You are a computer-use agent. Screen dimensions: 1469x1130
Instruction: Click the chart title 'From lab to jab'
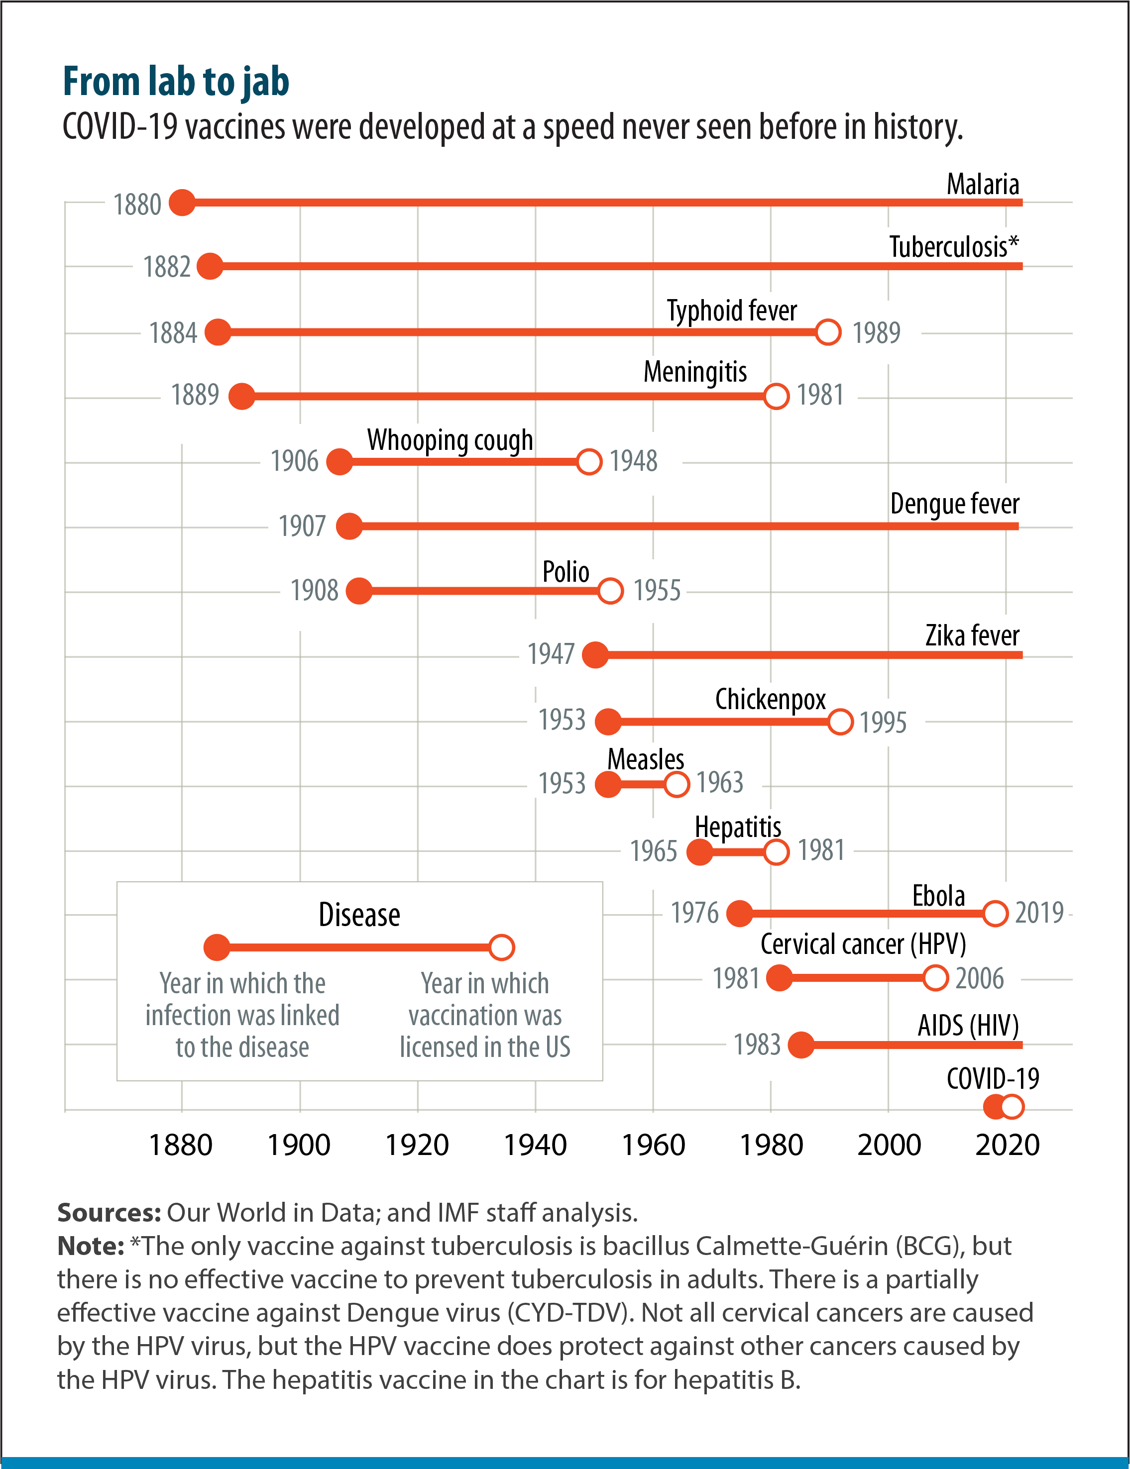(x=176, y=82)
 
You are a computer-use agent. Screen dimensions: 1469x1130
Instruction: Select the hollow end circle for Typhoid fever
(x=828, y=332)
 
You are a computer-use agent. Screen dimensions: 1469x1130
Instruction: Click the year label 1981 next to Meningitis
(x=820, y=395)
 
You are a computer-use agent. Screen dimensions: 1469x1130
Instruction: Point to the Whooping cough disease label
(x=450, y=440)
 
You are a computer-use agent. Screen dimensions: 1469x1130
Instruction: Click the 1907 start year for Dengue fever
(x=302, y=526)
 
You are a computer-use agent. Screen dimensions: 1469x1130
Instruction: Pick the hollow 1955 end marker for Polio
(x=610, y=591)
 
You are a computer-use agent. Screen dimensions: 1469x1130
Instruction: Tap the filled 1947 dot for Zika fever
(x=594, y=655)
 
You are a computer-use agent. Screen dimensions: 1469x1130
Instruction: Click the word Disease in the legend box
(x=359, y=915)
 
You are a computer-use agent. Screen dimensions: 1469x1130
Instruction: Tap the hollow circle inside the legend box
(x=501, y=947)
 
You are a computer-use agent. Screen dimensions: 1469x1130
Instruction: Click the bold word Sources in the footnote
(x=109, y=1213)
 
